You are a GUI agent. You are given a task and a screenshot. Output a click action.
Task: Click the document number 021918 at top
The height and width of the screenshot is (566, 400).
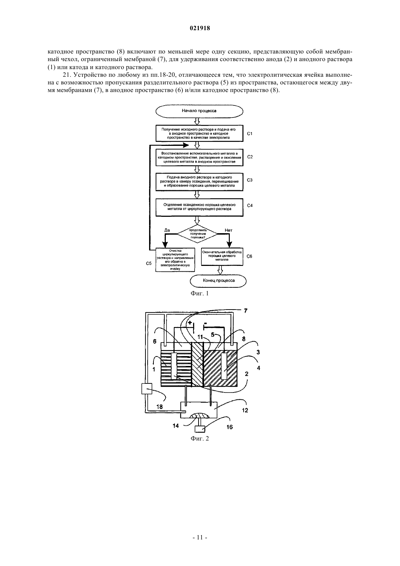coord(200,28)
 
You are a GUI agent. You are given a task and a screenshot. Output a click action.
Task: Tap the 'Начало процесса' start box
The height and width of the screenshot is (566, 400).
coord(199,111)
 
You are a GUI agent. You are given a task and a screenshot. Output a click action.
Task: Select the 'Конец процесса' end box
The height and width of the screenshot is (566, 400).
coord(219,281)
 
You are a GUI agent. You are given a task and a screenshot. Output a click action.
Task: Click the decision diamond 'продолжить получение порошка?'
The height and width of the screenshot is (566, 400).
coord(197,234)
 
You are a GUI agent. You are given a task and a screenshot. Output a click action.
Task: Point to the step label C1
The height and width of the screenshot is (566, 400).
coord(250,133)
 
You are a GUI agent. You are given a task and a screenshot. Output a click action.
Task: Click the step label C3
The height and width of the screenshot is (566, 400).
coord(250,180)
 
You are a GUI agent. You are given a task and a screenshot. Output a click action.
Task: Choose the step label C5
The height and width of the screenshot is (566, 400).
coord(149,263)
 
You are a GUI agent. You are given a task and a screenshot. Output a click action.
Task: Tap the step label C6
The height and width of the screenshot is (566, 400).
coord(249,256)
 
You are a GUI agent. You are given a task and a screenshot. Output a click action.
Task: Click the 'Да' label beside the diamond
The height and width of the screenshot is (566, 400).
coord(167,230)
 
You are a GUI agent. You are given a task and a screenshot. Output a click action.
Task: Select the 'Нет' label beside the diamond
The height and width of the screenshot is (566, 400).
coord(228,230)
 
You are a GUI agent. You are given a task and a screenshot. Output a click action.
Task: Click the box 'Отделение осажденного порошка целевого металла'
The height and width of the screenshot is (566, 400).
coord(200,207)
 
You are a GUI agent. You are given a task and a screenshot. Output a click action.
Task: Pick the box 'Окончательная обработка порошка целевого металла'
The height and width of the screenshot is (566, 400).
coord(222,256)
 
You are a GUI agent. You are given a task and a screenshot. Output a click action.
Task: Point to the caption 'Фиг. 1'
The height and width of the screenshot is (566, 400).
coord(200,293)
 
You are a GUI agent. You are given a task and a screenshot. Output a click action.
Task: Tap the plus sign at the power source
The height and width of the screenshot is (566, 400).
coord(190,323)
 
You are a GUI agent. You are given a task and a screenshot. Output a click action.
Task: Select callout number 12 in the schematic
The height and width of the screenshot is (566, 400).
coord(245,410)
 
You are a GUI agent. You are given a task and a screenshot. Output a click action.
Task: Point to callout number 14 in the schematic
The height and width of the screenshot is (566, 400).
coord(176,426)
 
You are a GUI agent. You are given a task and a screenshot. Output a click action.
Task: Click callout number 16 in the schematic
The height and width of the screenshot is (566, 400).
coord(229,427)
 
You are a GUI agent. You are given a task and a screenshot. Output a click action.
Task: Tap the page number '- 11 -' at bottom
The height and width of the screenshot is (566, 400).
coord(200,538)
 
